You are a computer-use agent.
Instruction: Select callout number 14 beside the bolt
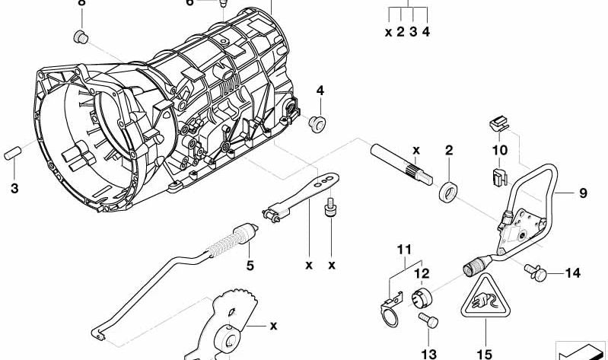point(572,272)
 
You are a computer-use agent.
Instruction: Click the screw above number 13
point(429,322)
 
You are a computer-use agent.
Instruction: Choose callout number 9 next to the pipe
point(583,193)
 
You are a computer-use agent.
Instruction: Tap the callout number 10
point(499,151)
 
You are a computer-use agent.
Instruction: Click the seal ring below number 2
point(449,191)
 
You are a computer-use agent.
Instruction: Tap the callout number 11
point(403,250)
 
